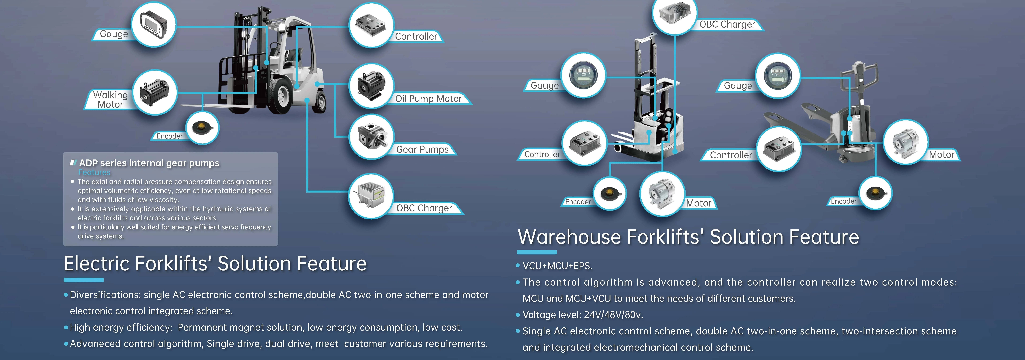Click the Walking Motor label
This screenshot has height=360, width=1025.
[x=110, y=100]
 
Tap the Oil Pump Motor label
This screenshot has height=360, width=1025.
[x=429, y=99]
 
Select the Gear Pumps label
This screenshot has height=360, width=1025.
[x=422, y=150]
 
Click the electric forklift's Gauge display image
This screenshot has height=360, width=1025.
[x=154, y=25]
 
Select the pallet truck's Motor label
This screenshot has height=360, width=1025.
[x=941, y=155]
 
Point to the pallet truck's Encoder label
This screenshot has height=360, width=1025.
[x=844, y=201]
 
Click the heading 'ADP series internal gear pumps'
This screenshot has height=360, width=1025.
[x=149, y=163]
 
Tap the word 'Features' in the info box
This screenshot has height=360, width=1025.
[x=94, y=172]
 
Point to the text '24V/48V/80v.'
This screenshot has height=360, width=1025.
[x=613, y=315]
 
